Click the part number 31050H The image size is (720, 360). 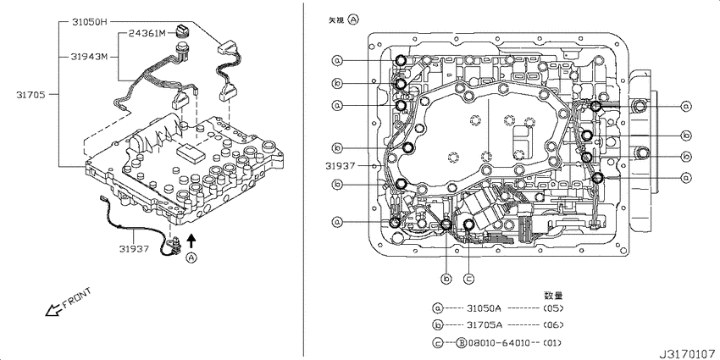tap(90, 21)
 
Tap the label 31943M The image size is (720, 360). tap(89, 57)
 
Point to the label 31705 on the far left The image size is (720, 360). tap(30, 95)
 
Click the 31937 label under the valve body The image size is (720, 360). tap(134, 249)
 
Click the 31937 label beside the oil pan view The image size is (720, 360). tap(341, 165)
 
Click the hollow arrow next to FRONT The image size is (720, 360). tap(53, 311)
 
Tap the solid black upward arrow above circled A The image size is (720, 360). tap(192, 241)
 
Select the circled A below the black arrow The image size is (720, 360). tap(192, 258)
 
